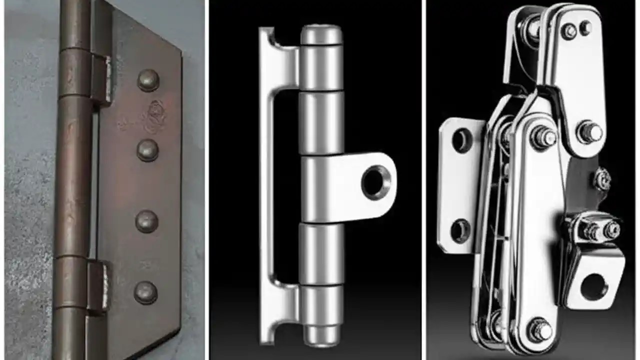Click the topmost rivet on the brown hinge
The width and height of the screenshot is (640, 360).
coord(148,80)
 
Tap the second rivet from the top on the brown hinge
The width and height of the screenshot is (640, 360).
coord(147,150)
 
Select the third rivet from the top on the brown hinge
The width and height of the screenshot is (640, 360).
coord(147,221)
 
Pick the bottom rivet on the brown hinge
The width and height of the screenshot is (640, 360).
coord(145,292)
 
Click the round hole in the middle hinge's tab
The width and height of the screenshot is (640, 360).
coord(376,182)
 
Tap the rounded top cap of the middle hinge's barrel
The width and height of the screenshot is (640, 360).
coord(321,35)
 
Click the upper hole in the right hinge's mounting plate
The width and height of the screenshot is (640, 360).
coord(461,140)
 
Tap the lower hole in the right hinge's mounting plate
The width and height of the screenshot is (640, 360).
coord(460,230)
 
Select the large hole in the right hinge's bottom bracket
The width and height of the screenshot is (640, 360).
coord(594,287)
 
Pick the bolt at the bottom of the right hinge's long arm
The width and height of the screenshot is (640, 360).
coord(541,330)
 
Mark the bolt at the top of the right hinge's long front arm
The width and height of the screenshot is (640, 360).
coord(542,136)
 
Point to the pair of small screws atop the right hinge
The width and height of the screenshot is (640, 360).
coord(576,30)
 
